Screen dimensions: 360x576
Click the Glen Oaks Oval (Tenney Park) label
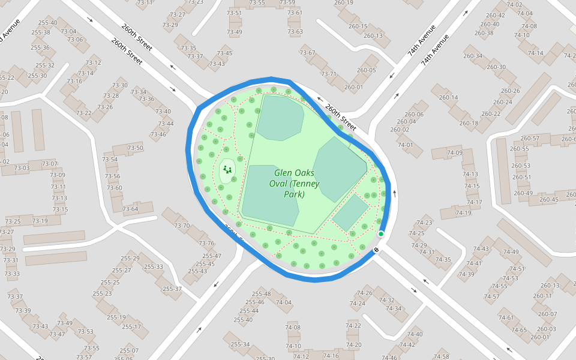coord(293,184)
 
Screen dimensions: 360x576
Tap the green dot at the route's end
coord(380,234)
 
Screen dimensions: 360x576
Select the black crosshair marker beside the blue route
coord(376,249)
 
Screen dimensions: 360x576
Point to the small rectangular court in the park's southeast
coord(350,212)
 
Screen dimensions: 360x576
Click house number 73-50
coord(135,148)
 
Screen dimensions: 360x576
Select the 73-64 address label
coord(130,209)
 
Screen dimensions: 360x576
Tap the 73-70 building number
coord(182,226)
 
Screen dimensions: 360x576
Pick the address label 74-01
coord(406,145)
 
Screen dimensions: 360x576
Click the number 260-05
coord(367,70)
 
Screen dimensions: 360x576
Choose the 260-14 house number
coord(448,97)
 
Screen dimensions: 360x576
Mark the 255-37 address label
coord(172,289)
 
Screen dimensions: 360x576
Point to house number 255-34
coord(240,344)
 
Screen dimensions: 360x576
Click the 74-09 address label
coord(455,153)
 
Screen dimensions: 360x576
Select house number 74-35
coord(443,260)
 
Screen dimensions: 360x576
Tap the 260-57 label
coord(530,139)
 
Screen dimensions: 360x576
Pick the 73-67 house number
coord(307,53)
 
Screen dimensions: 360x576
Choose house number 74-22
coord(353,326)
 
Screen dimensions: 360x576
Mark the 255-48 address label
coord(261,294)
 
